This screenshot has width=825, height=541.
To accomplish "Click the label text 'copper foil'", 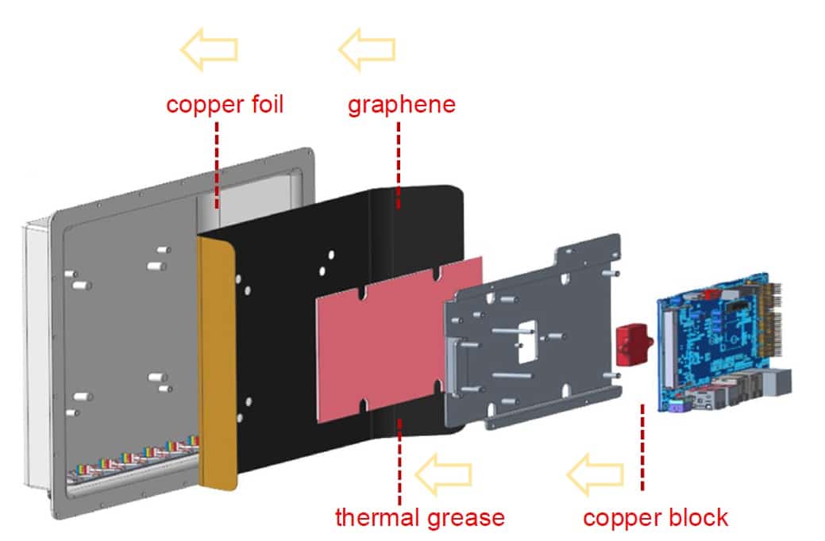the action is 225,105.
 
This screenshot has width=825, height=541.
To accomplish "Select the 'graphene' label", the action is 402,105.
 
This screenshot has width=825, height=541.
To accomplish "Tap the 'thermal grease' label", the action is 420,517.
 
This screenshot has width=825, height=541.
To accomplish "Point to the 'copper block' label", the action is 656,518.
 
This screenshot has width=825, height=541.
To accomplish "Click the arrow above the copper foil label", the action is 209,49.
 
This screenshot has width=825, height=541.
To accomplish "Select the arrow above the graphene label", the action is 367,49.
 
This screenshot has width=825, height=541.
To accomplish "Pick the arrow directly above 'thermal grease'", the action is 444,474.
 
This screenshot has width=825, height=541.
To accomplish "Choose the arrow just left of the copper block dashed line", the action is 595,474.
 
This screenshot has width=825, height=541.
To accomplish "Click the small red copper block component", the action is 633,344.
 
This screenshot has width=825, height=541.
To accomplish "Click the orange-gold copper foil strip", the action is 217,363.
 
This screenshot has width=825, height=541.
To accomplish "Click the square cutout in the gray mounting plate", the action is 527,342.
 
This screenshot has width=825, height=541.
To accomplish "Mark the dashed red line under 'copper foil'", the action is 217,166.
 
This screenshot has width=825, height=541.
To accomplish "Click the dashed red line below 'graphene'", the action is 399,166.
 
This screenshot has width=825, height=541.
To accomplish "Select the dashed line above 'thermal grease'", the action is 400,462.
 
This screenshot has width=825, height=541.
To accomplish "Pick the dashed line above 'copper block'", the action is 642,447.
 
